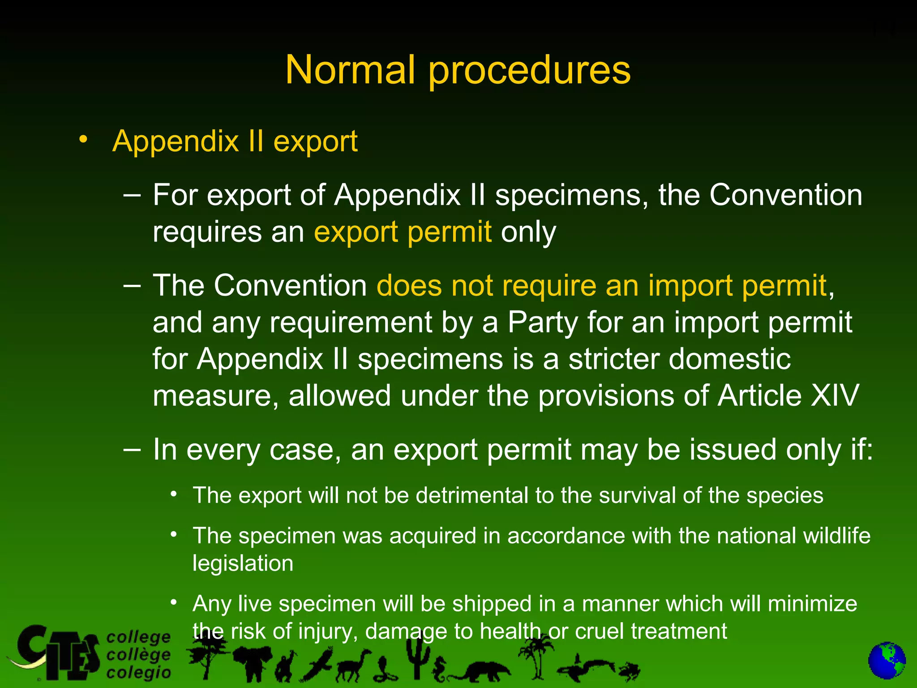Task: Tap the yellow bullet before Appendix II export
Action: [82, 140]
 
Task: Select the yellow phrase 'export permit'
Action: [403, 232]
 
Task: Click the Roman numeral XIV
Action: [834, 396]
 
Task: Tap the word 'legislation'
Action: [243, 563]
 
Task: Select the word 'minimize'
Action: [812, 604]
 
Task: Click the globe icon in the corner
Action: [887, 661]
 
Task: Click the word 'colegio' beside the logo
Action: [139, 673]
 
